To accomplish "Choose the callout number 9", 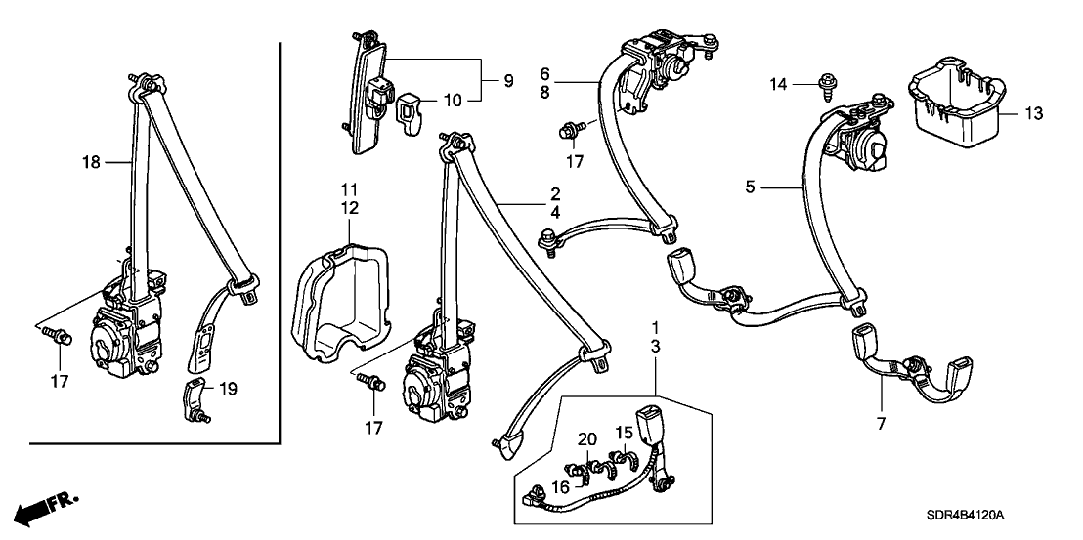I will pos(507,80).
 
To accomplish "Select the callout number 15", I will pos(622,433).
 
